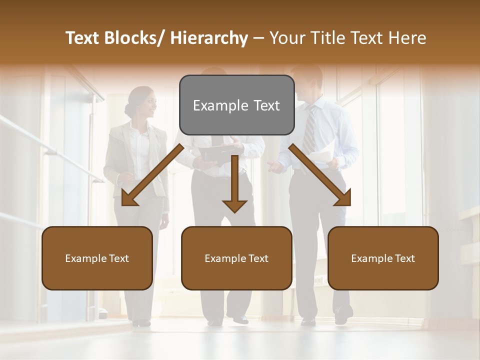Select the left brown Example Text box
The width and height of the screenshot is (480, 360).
(x=97, y=258)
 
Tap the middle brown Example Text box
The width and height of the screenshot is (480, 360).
(x=236, y=258)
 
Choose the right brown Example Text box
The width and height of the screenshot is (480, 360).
(x=383, y=258)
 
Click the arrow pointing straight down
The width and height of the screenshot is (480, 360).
(x=234, y=185)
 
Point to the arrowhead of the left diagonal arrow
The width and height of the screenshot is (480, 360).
(x=129, y=198)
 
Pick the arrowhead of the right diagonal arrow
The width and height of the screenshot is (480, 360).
(x=343, y=198)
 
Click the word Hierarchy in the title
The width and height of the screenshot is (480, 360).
(x=209, y=38)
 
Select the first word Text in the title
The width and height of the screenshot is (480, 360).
(x=82, y=38)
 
